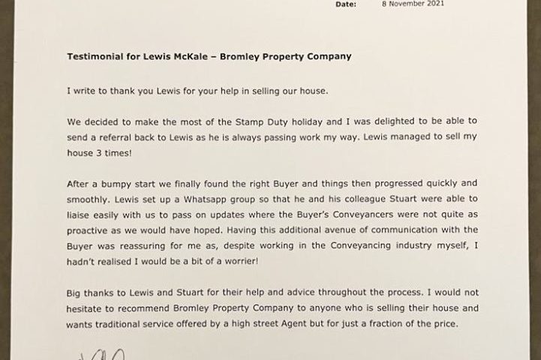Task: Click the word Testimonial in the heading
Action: click(x=93, y=56)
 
